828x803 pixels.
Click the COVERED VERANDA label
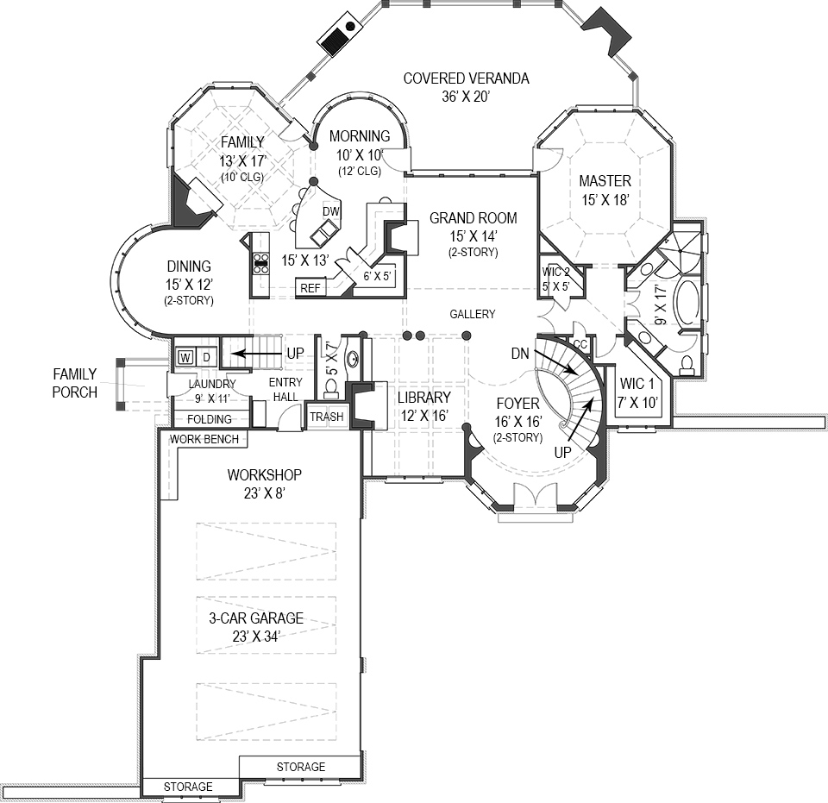click(466, 79)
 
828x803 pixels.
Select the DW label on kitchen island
click(329, 211)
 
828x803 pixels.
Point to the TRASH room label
click(327, 417)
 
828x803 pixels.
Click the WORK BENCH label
click(204, 439)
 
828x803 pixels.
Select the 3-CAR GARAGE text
click(255, 618)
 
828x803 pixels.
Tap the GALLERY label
click(473, 314)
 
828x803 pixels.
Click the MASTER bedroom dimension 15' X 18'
click(605, 199)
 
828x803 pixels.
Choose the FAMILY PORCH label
click(74, 383)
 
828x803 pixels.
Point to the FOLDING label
click(209, 419)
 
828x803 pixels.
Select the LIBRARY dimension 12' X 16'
click(423, 415)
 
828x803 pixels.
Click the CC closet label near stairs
click(580, 344)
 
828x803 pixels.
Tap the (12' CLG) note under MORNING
click(359, 171)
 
